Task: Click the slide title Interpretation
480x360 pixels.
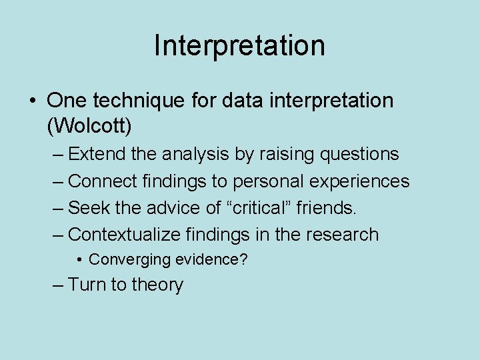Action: click(239, 45)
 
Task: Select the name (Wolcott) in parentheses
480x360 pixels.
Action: click(89, 125)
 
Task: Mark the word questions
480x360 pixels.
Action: click(360, 155)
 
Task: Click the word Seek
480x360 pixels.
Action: click(89, 208)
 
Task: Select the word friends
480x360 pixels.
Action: click(327, 208)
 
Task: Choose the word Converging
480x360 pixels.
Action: click(126, 260)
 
